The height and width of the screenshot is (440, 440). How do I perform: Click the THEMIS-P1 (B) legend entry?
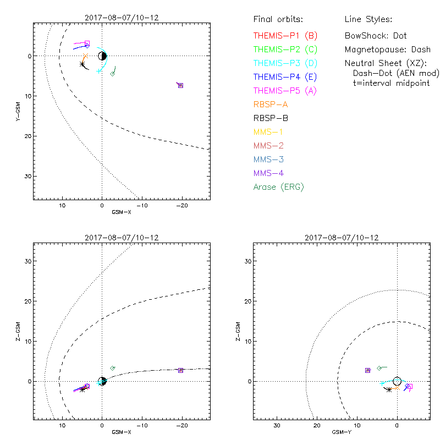pyautogui.click(x=285, y=36)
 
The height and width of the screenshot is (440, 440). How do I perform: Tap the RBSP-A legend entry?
pyautogui.click(x=271, y=104)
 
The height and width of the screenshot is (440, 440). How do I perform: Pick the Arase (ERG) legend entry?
pyautogui.click(x=278, y=187)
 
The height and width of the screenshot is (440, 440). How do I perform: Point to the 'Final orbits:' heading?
pyautogui.click(x=277, y=19)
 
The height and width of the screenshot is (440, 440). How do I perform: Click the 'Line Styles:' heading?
pyautogui.click(x=368, y=19)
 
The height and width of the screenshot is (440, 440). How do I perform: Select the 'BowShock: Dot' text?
pyautogui.click(x=376, y=36)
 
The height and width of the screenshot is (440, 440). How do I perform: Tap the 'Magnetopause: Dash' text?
pyautogui.click(x=387, y=50)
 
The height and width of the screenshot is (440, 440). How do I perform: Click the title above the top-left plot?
pyautogui.click(x=122, y=17)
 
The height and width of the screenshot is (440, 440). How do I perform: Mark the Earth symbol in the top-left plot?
pyautogui.click(x=102, y=56)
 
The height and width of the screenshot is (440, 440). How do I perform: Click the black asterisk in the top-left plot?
pyautogui.click(x=82, y=64)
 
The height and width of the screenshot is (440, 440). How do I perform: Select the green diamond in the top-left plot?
pyautogui.click(x=113, y=74)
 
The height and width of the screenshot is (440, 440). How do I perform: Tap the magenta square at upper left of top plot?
pyautogui.click(x=87, y=43)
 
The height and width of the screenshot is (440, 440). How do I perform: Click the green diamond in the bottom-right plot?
pyautogui.click(x=379, y=368)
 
